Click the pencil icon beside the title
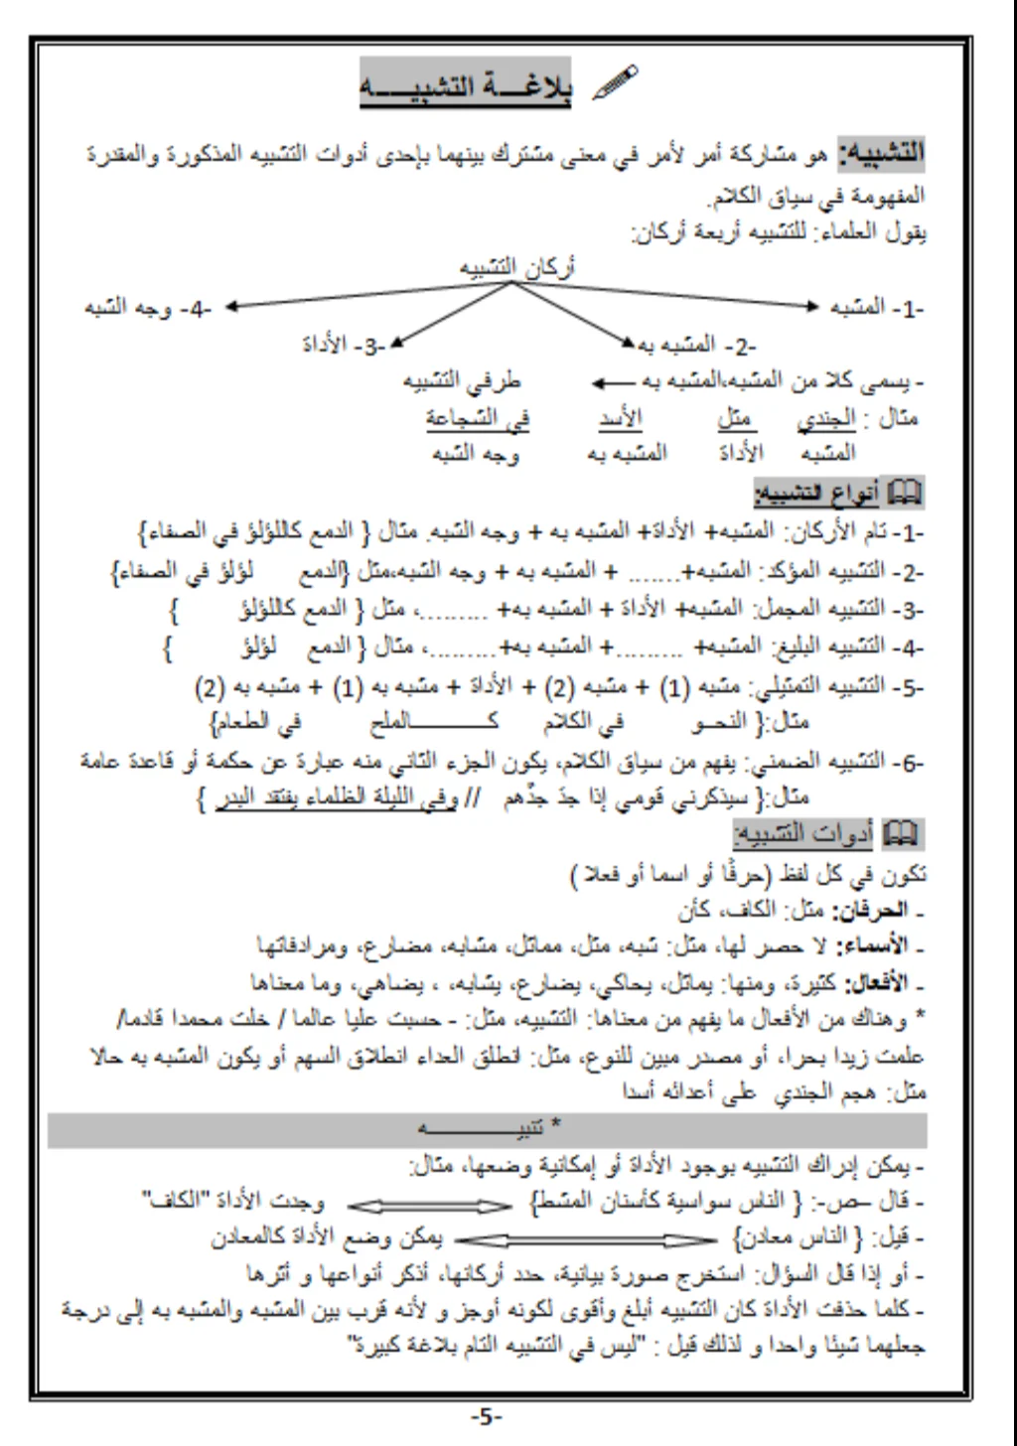(615, 82)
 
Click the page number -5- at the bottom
(487, 1416)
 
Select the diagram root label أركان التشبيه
(516, 267)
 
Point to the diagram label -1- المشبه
(877, 308)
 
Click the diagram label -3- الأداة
(344, 345)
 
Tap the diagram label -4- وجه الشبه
(149, 308)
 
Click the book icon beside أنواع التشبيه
(904, 492)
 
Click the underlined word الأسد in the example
(621, 418)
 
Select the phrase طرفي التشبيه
(462, 381)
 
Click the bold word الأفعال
(875, 984)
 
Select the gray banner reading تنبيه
(487, 1129)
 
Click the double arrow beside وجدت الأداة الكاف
(430, 1205)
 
